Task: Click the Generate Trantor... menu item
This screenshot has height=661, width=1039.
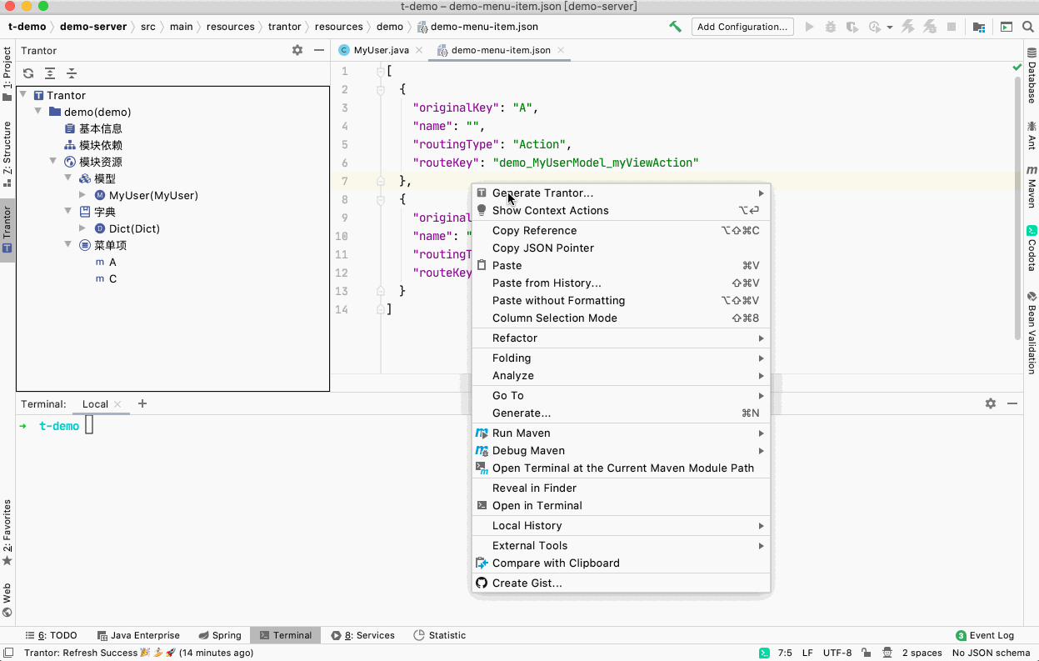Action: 542,193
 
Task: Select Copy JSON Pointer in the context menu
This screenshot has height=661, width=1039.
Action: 542,248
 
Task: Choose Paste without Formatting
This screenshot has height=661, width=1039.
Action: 558,300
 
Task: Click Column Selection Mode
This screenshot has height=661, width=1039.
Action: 554,318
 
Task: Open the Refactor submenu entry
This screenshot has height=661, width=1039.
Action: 514,338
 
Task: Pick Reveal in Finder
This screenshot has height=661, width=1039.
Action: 534,488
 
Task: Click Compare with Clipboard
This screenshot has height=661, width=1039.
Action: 556,563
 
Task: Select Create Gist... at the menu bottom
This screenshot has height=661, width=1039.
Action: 527,583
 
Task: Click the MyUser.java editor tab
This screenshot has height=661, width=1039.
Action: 381,50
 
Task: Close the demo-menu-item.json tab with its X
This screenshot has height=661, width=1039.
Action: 561,50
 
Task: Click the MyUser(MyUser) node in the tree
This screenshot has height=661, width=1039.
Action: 153,195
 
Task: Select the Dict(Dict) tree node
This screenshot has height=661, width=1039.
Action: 134,229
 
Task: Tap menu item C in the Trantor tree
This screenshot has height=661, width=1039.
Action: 112,279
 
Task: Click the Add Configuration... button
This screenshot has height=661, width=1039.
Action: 742,27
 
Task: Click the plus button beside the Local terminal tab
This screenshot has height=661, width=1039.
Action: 142,403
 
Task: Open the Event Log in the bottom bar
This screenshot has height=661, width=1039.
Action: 985,635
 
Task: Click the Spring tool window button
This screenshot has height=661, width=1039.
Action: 220,635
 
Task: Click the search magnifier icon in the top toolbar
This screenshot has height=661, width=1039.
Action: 1027,27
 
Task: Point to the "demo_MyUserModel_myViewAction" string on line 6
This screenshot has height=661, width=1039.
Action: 596,163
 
